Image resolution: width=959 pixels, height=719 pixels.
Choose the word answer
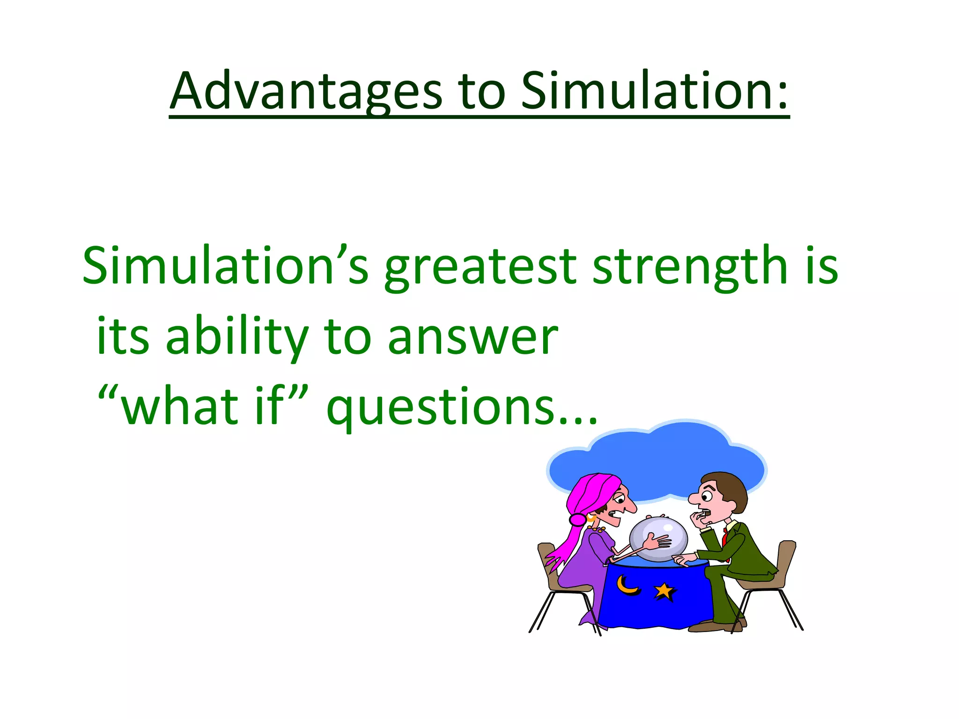point(473,338)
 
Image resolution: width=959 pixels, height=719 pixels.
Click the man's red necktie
point(725,536)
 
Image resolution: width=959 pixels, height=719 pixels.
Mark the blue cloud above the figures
point(656,456)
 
